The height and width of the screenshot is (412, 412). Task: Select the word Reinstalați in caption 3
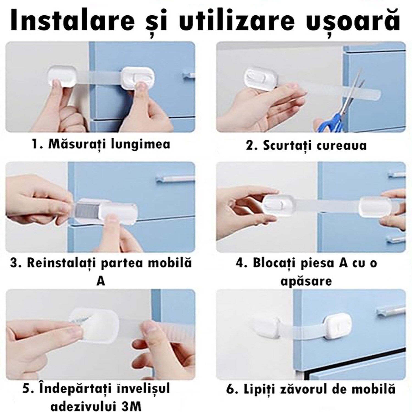(62, 263)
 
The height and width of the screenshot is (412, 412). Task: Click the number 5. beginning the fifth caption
(27, 389)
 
